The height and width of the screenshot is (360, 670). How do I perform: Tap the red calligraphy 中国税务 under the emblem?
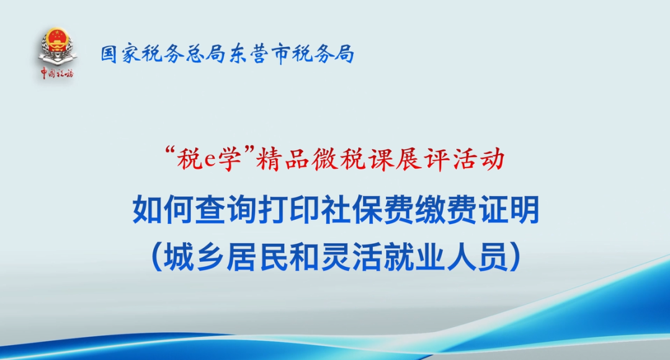click(x=57, y=73)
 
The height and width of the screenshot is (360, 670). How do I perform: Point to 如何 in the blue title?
click(x=163, y=210)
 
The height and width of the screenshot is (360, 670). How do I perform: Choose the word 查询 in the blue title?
click(x=226, y=210)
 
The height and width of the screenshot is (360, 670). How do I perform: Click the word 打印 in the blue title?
click(x=289, y=210)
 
